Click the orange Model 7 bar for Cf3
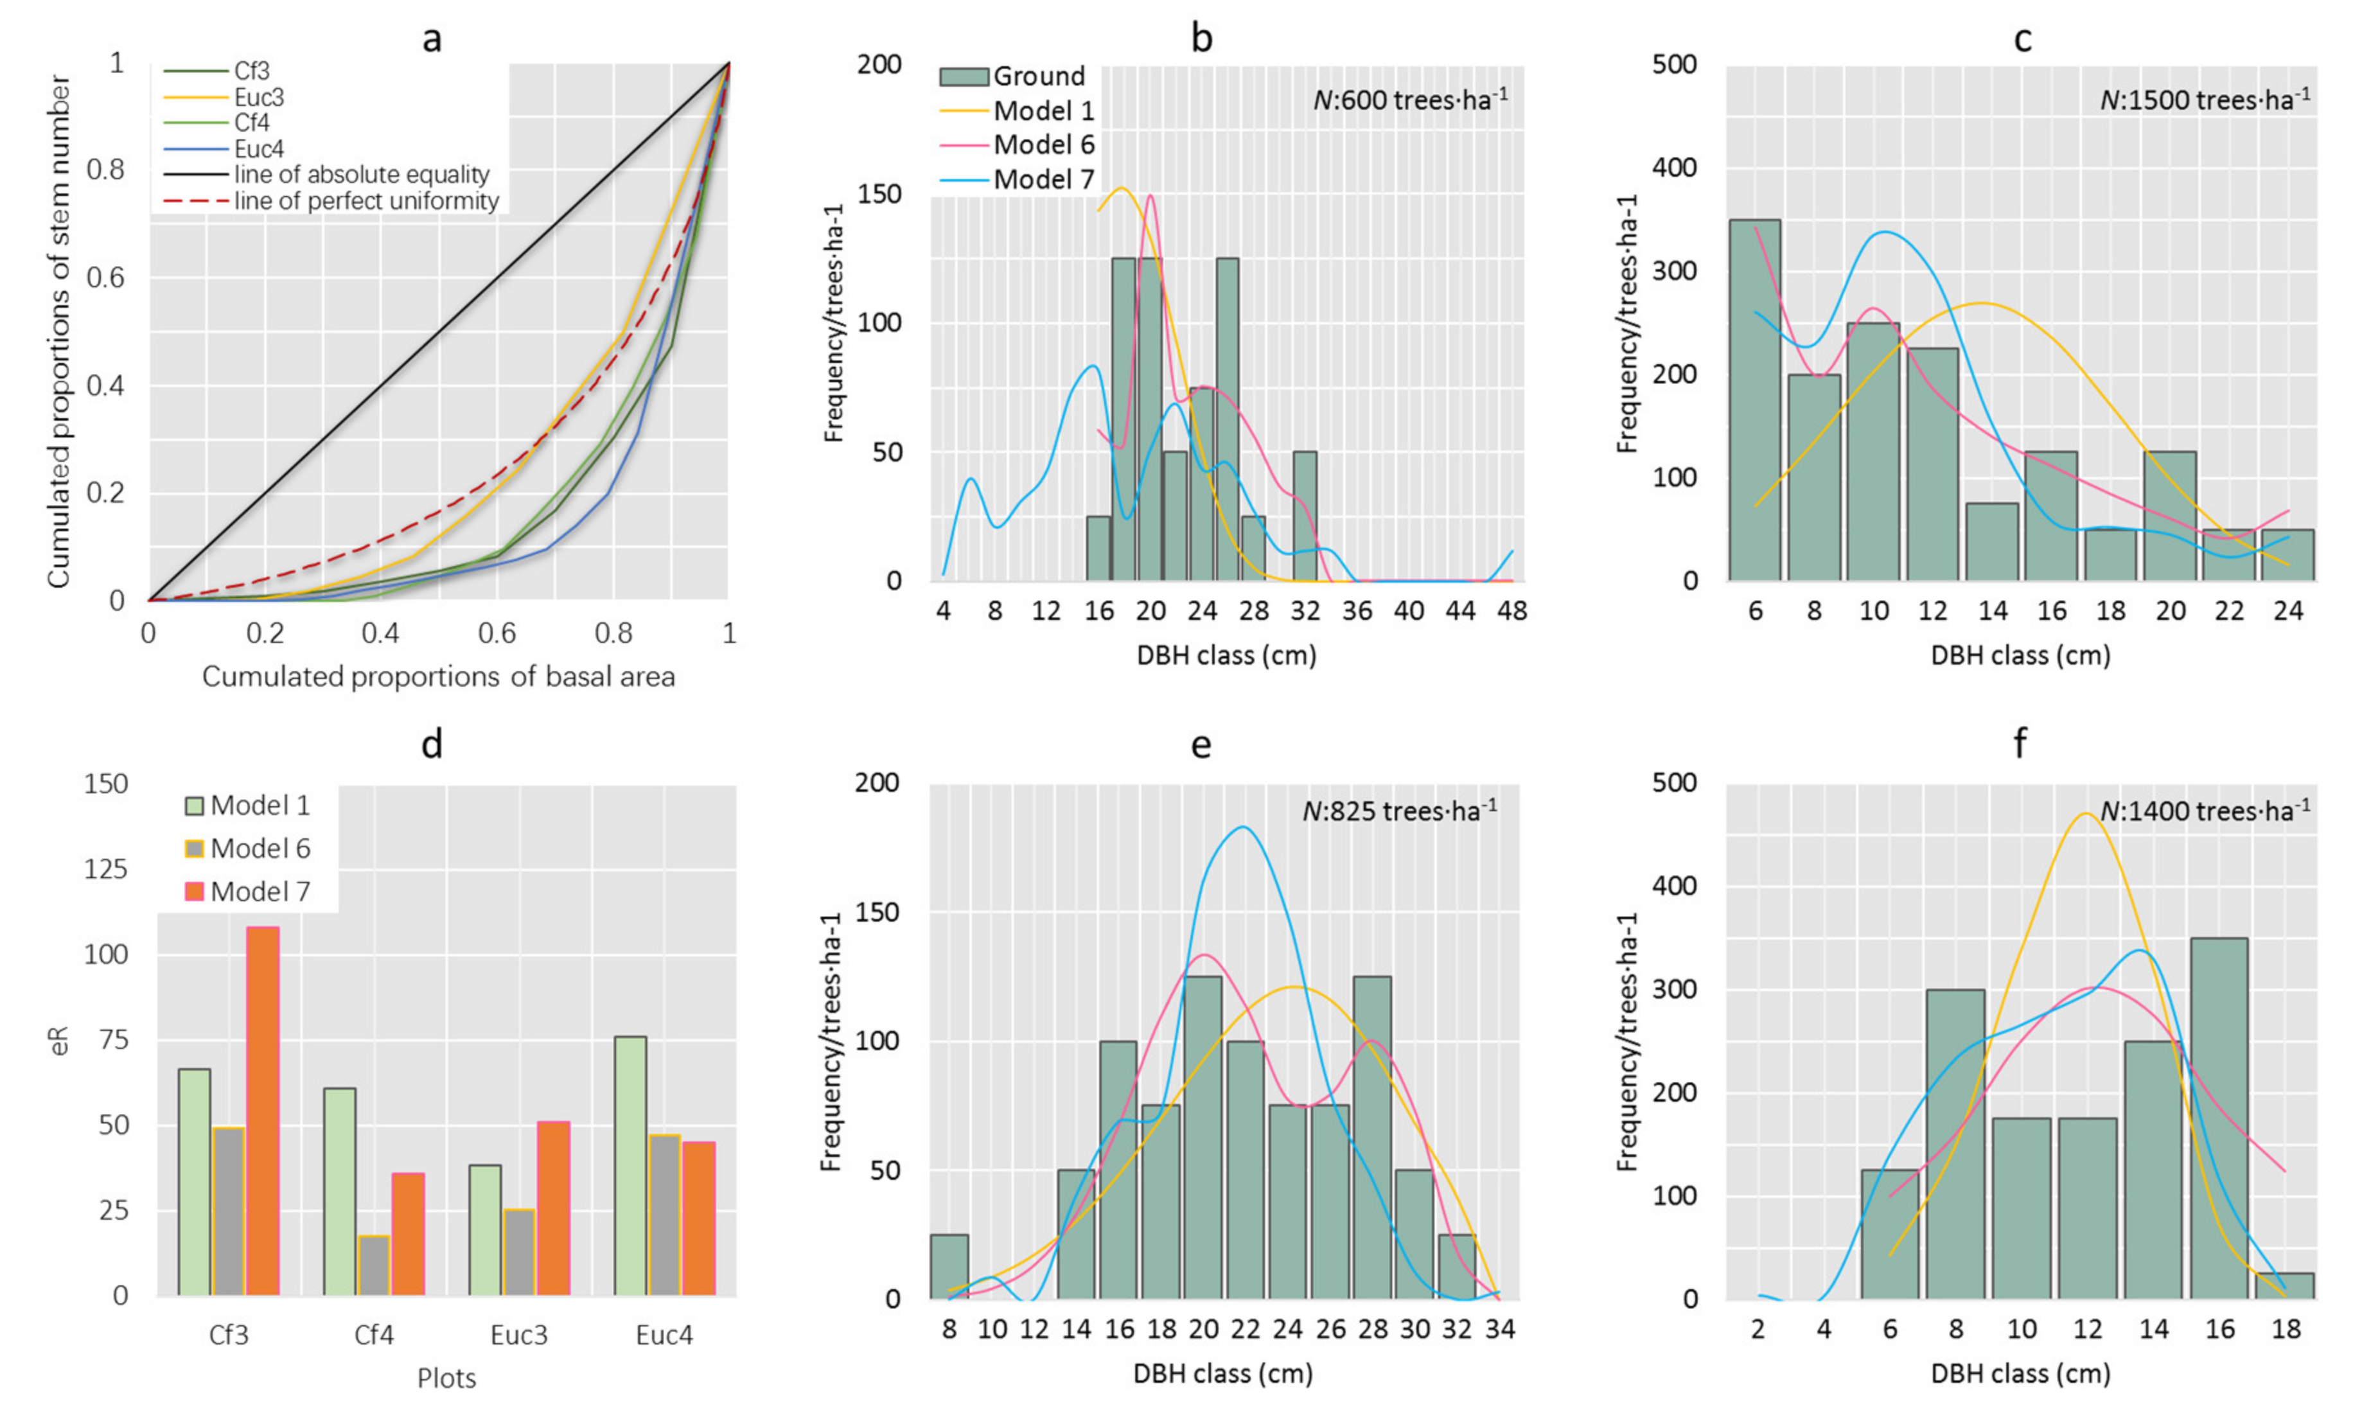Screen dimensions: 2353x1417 pyautogui.click(x=263, y=1111)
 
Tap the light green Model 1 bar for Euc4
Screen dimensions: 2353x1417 pyautogui.click(x=630, y=1166)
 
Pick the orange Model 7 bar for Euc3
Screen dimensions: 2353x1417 pyautogui.click(x=553, y=1209)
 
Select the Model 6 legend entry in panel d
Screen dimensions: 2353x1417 pyautogui.click(x=247, y=848)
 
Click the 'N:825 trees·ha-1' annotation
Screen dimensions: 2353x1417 pyautogui.click(x=1400, y=811)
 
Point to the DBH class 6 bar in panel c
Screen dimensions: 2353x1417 pyautogui.click(x=1755, y=400)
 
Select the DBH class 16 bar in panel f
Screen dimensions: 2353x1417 pyautogui.click(x=2219, y=1118)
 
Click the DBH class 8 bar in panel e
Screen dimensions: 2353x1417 pyautogui.click(x=949, y=1266)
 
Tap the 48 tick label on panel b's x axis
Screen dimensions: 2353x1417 pyautogui.click(x=1511, y=610)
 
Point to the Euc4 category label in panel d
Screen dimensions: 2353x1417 pyautogui.click(x=665, y=1335)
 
